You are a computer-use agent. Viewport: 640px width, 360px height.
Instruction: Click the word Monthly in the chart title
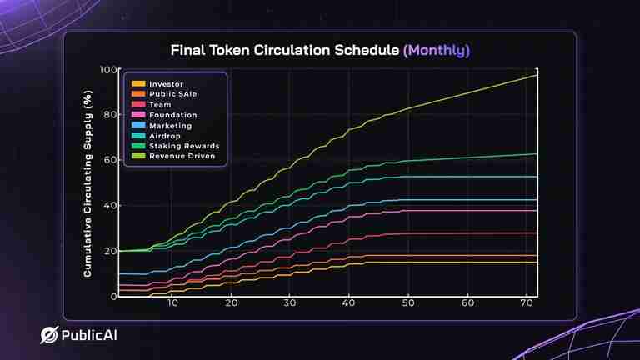(x=437, y=51)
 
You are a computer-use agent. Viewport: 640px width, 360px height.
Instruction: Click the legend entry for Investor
(x=166, y=84)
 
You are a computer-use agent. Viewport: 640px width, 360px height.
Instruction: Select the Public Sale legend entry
(x=172, y=94)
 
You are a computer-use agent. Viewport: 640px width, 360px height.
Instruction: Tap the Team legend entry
(x=160, y=105)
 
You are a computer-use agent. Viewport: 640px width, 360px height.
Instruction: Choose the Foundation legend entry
(x=172, y=115)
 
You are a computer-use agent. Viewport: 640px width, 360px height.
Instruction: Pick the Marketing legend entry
(x=170, y=126)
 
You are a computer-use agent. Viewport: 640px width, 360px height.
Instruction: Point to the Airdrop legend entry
(x=166, y=136)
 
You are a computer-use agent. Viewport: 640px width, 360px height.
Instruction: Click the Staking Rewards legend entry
(x=182, y=146)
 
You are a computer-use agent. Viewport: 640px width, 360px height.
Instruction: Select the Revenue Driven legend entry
(x=181, y=156)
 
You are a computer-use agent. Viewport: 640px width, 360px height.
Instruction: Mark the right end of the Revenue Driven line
(x=537, y=75)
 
